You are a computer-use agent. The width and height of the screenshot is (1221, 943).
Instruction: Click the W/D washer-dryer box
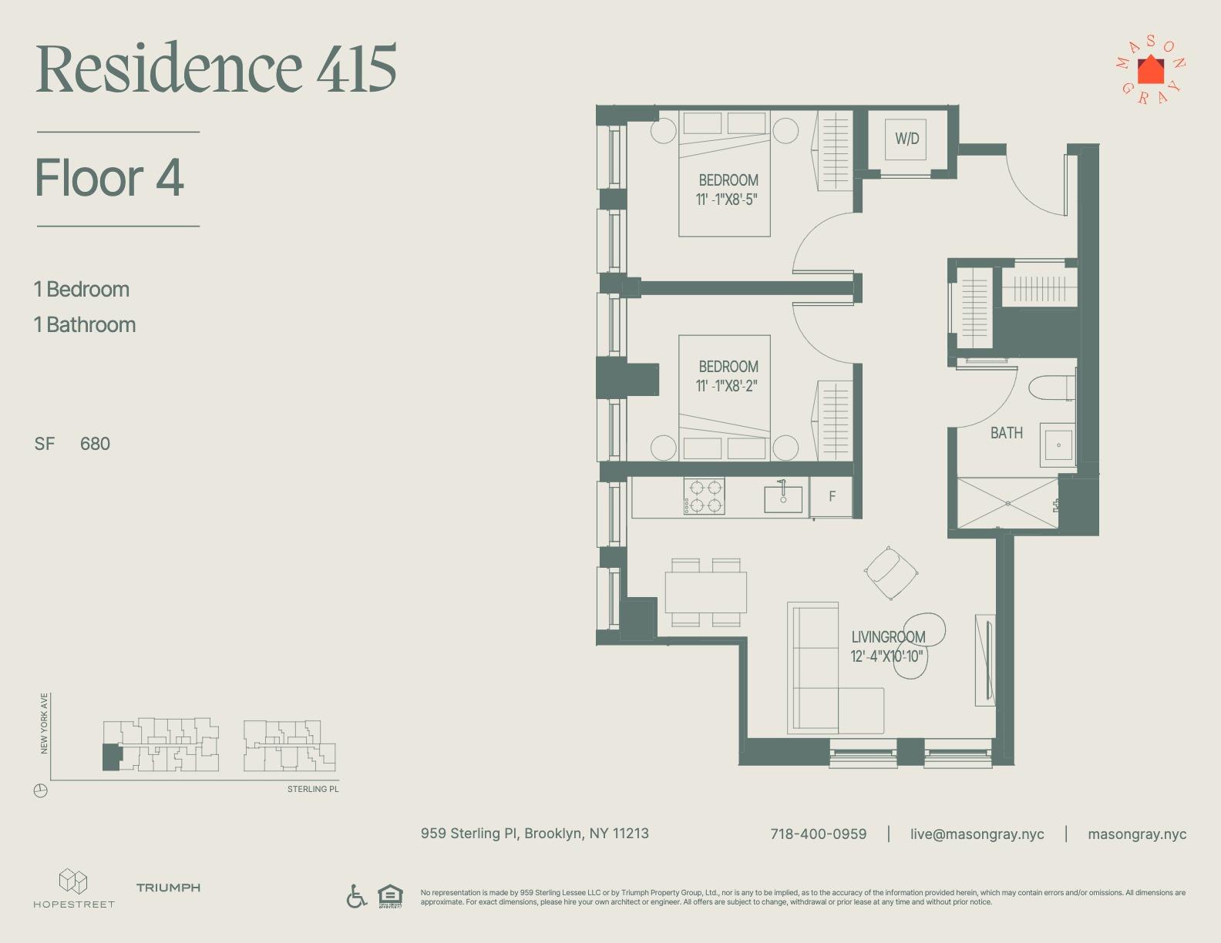[x=906, y=139]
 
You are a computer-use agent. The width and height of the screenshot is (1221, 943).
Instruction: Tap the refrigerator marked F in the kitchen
[x=832, y=497]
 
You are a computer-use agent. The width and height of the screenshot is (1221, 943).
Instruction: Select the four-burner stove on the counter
[x=705, y=497]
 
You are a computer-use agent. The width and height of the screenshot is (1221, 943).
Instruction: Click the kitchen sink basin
[x=783, y=498]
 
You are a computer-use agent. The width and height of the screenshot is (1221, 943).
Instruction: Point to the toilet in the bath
[x=1053, y=388]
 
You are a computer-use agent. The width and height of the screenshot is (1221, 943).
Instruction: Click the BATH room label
[x=1007, y=434]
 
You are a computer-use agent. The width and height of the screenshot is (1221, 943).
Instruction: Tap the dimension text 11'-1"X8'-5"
[x=727, y=200]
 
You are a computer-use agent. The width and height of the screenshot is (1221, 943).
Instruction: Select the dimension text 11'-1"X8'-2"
[x=727, y=386]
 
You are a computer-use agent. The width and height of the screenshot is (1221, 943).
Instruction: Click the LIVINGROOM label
[x=888, y=637]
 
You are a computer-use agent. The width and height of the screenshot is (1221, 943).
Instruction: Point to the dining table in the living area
[x=705, y=592]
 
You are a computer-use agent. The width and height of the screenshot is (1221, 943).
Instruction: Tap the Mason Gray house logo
[x=1151, y=71]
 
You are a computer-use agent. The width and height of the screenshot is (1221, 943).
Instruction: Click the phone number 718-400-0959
[x=818, y=834]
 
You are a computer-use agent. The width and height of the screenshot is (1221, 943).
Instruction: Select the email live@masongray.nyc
[x=977, y=834]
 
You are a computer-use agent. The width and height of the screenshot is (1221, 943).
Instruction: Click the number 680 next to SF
[x=95, y=444]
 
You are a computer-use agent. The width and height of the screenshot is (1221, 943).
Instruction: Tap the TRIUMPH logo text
[x=168, y=888]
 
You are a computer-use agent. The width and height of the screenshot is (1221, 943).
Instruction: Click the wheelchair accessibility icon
[x=356, y=896]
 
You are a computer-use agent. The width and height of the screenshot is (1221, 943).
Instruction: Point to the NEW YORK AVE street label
[x=45, y=723]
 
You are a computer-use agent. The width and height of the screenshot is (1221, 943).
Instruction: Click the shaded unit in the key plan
[x=111, y=758]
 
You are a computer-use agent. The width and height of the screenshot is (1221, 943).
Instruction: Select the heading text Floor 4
[x=109, y=178]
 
